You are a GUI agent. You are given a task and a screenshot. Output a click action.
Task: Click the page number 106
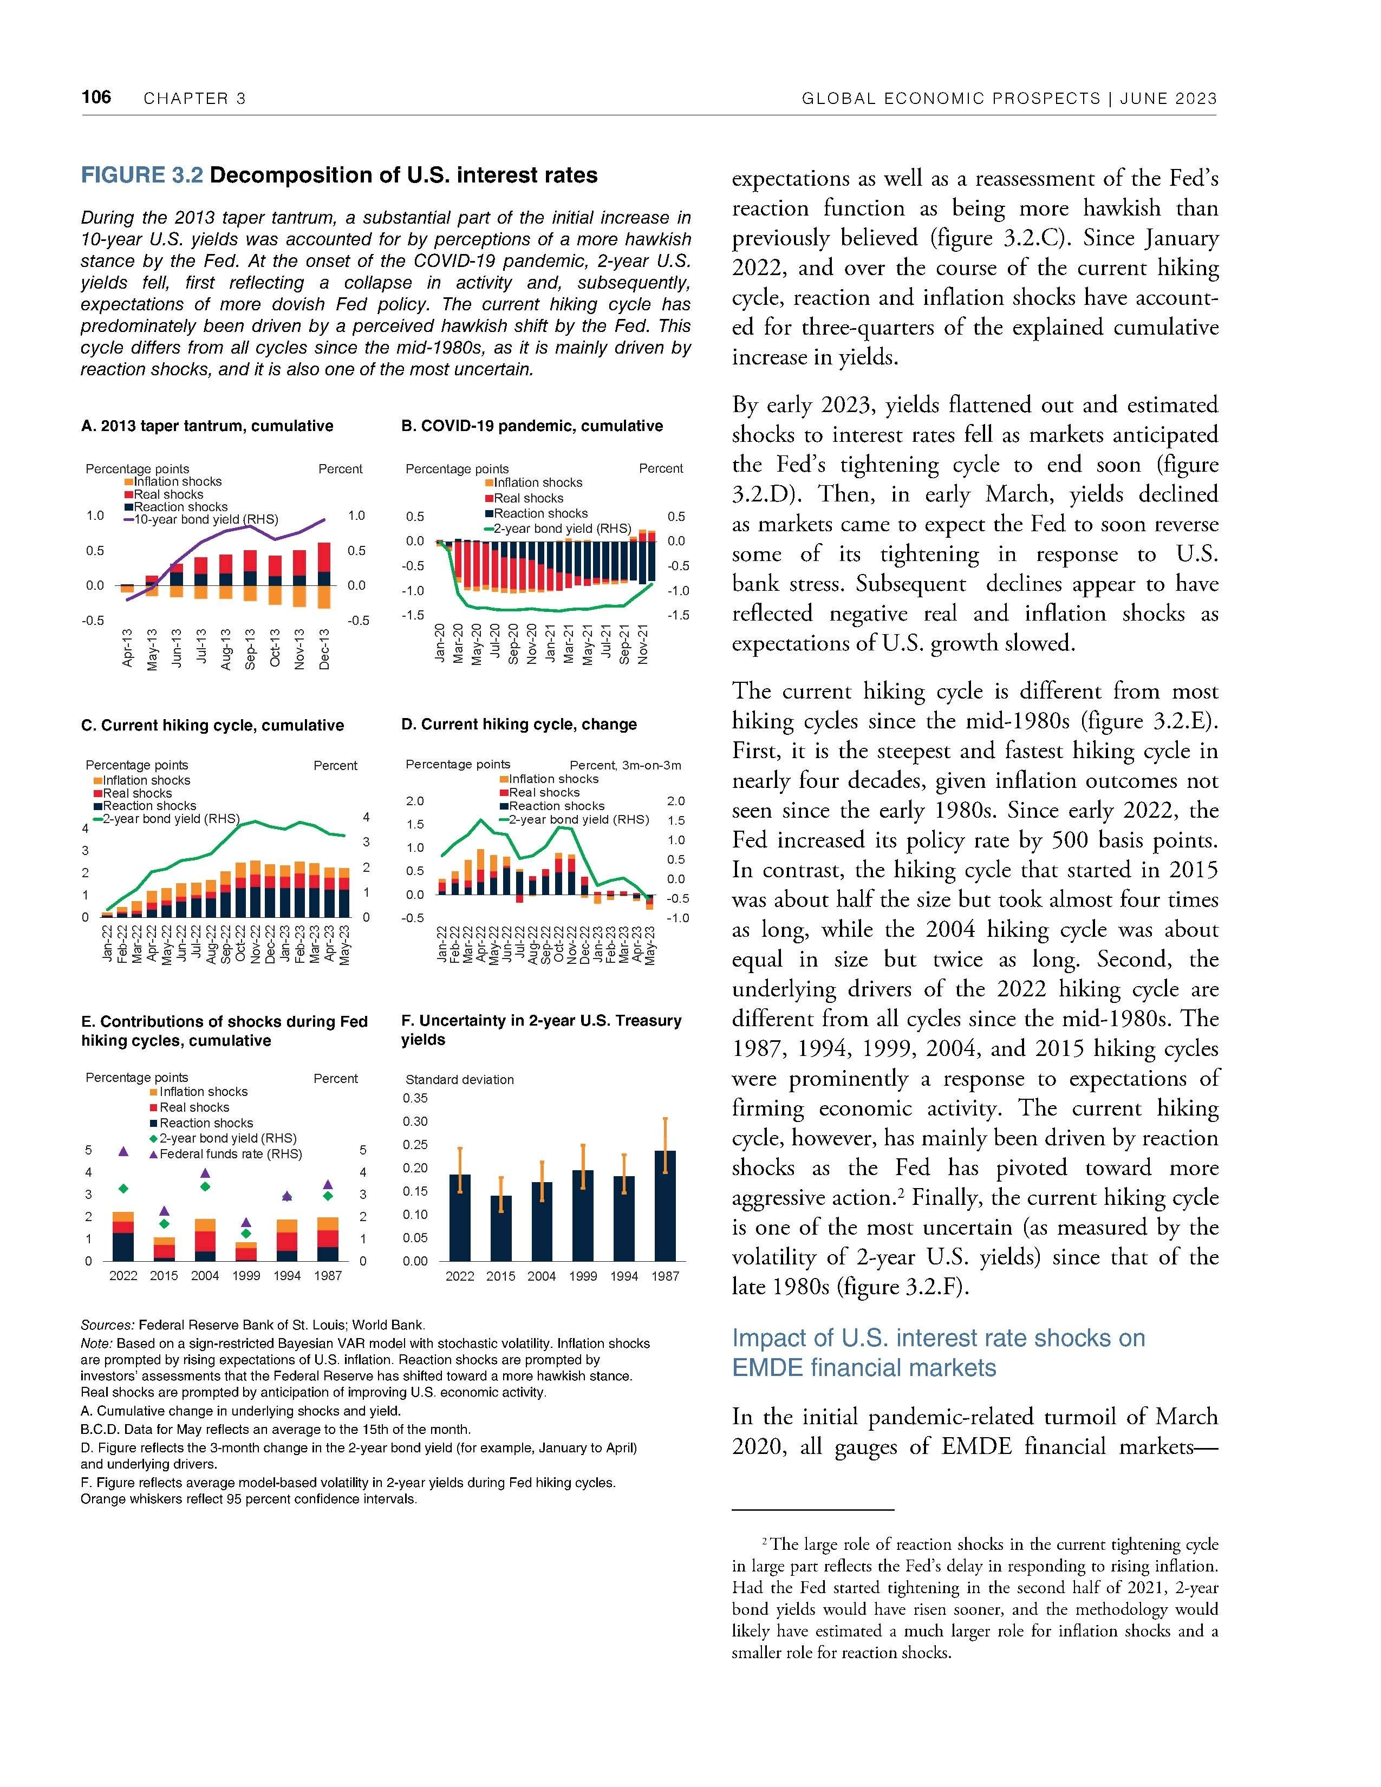96,97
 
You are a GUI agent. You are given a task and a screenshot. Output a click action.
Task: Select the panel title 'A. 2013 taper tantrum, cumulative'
207,426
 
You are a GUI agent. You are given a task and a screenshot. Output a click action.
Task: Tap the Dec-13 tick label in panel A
325,649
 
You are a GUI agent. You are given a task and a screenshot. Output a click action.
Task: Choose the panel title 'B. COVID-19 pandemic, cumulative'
532,426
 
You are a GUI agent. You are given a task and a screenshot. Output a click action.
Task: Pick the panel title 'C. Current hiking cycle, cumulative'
212,725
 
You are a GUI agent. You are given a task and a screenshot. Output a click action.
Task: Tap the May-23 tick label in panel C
346,945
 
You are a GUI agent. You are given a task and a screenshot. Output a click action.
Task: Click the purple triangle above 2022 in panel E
123,1151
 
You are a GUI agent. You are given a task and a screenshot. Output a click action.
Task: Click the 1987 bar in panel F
665,1205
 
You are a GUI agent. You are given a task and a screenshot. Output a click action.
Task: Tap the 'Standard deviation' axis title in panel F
460,1079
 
